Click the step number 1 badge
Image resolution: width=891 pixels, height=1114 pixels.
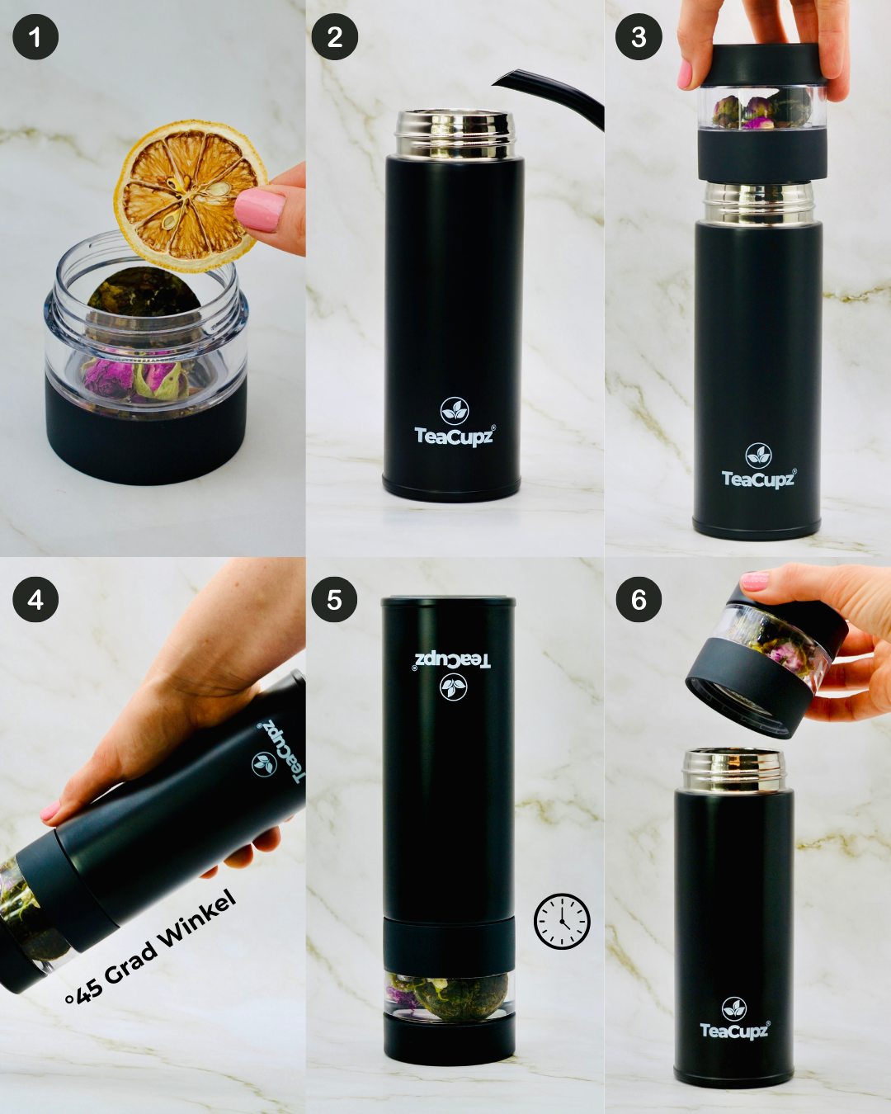(x=35, y=37)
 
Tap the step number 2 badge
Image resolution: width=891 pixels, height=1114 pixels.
(x=334, y=37)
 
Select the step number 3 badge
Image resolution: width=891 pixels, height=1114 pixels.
(x=639, y=37)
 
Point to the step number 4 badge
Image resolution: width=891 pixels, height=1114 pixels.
(x=35, y=599)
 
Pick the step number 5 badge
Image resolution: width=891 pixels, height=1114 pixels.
(x=334, y=599)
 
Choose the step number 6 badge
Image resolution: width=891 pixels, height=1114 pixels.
(x=639, y=599)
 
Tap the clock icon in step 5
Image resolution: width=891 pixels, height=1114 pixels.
(x=562, y=921)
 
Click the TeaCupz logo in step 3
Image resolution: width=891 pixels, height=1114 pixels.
(x=758, y=467)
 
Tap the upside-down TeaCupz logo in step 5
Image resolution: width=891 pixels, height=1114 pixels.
(x=453, y=673)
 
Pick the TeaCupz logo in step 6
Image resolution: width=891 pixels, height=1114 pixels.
(x=734, y=1019)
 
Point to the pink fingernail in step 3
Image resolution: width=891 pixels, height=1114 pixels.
(x=685, y=73)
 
